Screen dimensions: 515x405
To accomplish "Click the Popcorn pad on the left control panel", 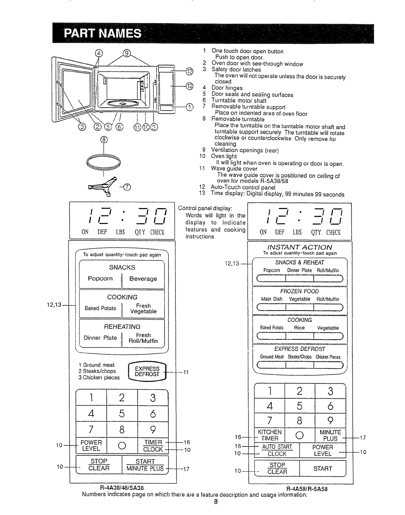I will [100, 279].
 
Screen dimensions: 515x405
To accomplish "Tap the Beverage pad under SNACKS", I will [143, 279].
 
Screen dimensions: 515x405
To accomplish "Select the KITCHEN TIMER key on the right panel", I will [269, 435].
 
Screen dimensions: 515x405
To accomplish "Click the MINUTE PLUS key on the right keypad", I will [330, 435].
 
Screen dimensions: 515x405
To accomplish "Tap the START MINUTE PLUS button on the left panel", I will [145, 465].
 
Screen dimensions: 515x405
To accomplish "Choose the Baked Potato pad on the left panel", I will [100, 308].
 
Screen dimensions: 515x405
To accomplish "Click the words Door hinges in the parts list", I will [227, 88].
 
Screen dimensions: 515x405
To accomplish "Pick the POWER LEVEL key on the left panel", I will [91, 445].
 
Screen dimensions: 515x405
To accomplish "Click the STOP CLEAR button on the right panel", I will [277, 469].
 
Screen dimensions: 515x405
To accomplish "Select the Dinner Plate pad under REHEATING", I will [100, 338].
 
